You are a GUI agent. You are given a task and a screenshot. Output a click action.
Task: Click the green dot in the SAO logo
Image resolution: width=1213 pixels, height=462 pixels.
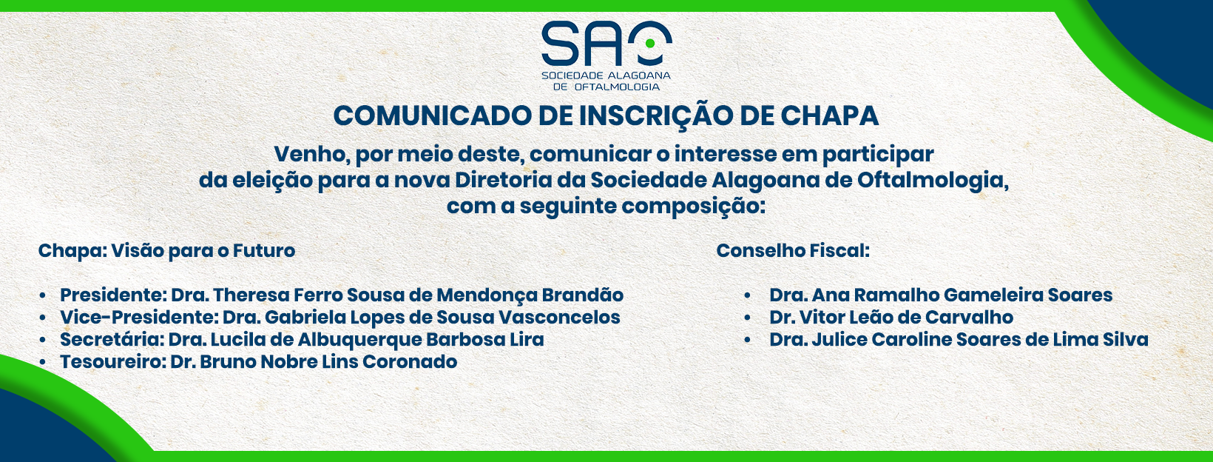point(650,44)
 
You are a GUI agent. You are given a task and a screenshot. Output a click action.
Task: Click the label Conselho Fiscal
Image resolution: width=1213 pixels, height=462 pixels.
point(793,251)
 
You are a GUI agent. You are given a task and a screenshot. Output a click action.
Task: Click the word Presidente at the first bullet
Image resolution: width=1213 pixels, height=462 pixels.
point(113,295)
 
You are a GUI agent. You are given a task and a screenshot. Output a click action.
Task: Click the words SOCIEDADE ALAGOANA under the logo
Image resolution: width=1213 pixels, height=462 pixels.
point(606,76)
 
